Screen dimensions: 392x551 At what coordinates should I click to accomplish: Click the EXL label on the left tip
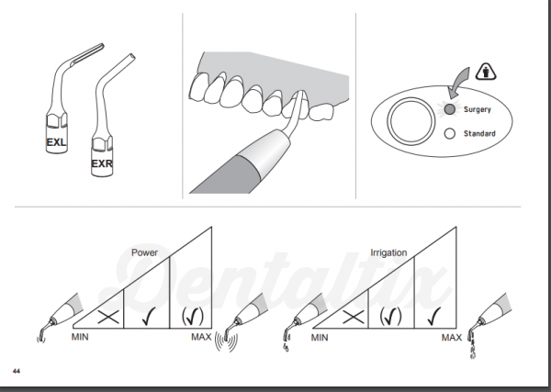tap(57, 143)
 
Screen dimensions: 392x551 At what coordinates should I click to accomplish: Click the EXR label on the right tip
tap(103, 165)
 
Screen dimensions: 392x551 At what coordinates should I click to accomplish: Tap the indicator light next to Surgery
tap(449, 109)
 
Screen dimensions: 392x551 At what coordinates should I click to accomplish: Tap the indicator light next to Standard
tap(449, 133)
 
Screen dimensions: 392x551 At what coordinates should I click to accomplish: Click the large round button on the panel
tap(409, 122)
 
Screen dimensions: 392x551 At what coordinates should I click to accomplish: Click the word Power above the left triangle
tap(145, 252)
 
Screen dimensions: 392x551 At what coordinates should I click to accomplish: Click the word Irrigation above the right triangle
tap(388, 252)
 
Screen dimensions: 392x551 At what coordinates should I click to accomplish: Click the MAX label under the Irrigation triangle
tap(451, 338)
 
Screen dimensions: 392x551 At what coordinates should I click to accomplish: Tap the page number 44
tap(17, 370)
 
